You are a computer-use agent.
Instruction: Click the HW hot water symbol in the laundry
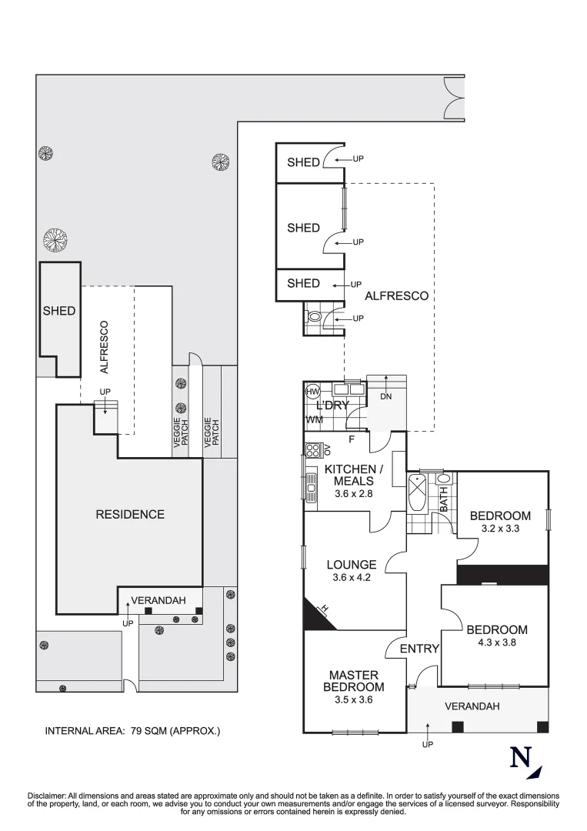[x=313, y=392]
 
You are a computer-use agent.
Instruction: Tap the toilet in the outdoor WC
[x=313, y=317]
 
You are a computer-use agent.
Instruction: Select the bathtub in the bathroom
[x=416, y=495]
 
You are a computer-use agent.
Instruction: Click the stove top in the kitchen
[x=312, y=450]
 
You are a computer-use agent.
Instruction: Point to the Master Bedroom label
[x=353, y=681]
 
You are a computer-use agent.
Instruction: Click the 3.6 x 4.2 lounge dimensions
[x=352, y=578]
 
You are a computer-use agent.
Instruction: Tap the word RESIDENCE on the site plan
[x=130, y=514]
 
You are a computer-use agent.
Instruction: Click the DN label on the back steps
[x=385, y=396]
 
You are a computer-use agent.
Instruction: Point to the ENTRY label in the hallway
[x=419, y=649]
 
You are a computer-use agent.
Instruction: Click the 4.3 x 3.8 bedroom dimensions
[x=496, y=642]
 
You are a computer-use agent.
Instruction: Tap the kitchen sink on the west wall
[x=311, y=487]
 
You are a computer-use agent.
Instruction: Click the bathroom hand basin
[x=443, y=479]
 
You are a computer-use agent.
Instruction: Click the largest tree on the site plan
[x=56, y=240]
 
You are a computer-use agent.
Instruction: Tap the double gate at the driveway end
[x=454, y=98]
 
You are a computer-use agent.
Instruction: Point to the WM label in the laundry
[x=314, y=420]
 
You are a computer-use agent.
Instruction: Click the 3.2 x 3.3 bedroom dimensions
[x=500, y=529]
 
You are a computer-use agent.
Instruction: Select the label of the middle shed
[x=304, y=228]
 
